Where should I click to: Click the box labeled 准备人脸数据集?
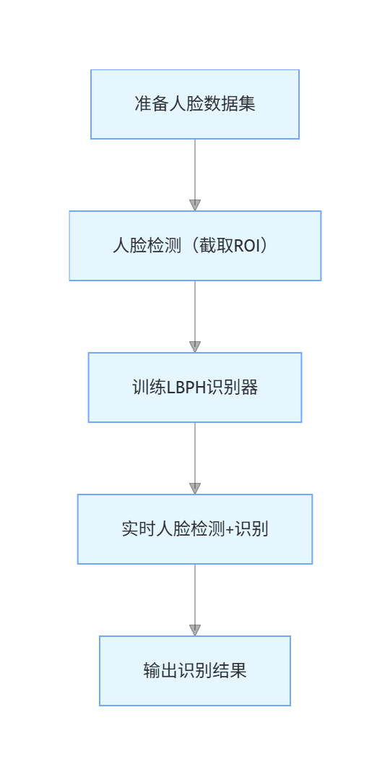point(194,104)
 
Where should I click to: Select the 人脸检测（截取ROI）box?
point(194,246)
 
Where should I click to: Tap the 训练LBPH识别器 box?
point(194,387)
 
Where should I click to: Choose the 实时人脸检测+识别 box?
point(194,529)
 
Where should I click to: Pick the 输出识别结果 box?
point(194,671)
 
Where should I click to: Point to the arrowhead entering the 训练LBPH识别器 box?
point(194,347)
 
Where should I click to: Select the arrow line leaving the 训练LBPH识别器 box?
point(194,451)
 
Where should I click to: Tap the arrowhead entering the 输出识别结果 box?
point(194,630)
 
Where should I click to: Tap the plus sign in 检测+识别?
point(230,529)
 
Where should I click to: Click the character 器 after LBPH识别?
point(250,387)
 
